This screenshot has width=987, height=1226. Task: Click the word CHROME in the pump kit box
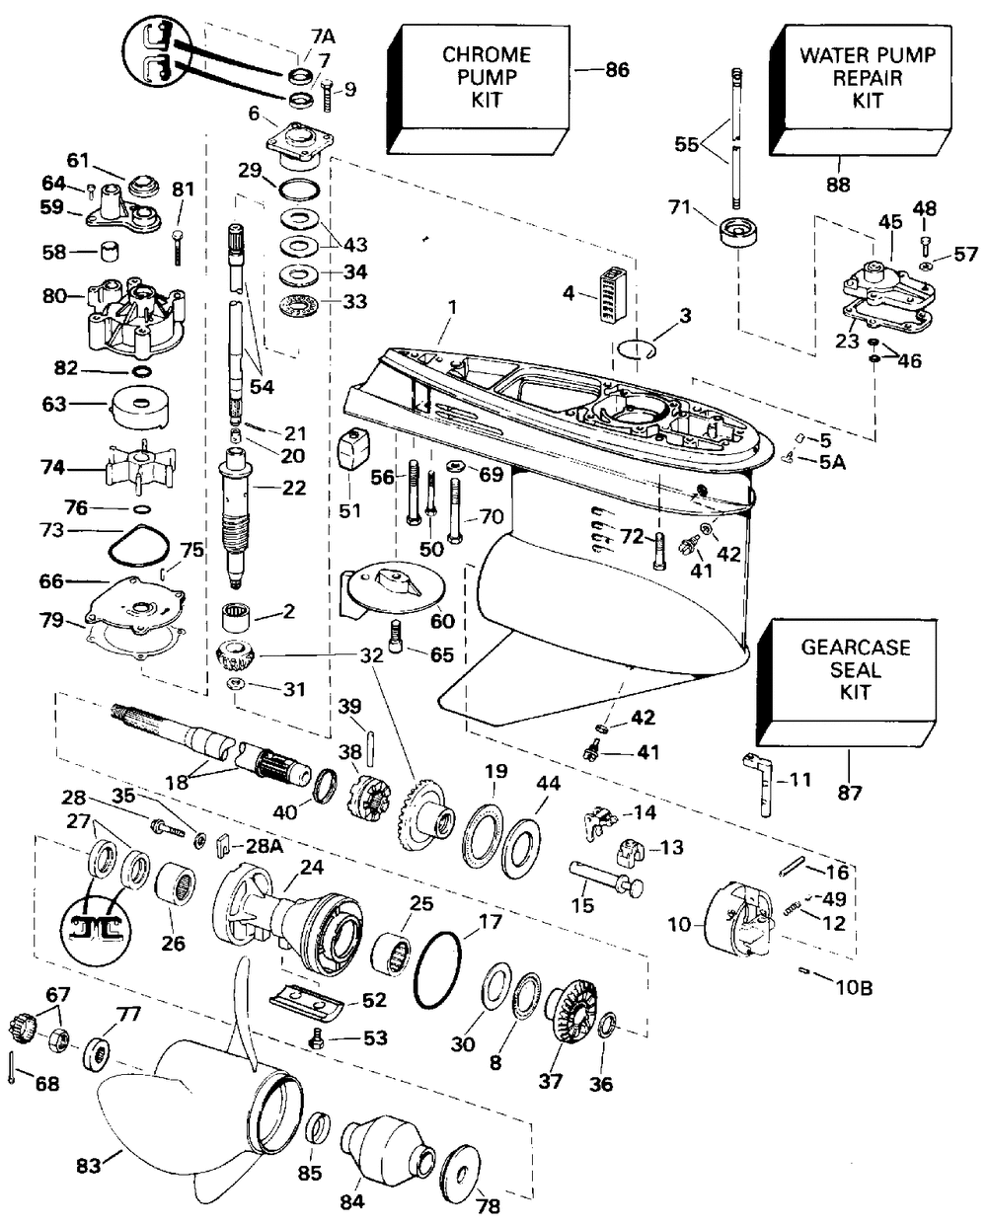point(486,55)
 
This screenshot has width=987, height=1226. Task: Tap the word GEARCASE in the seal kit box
point(856,648)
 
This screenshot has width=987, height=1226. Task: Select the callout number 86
point(617,70)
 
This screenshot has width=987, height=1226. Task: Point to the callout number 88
point(838,185)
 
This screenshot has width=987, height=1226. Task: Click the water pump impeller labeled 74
point(140,467)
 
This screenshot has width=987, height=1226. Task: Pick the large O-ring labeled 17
point(437,969)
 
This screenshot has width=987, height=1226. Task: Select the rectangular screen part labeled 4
point(613,294)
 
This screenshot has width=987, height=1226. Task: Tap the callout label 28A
point(264,846)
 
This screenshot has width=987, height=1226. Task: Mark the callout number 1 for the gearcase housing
point(452,308)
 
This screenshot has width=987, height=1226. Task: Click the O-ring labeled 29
point(299,190)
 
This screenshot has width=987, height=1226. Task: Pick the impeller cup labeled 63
point(138,408)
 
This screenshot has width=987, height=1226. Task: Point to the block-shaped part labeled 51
point(354,448)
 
